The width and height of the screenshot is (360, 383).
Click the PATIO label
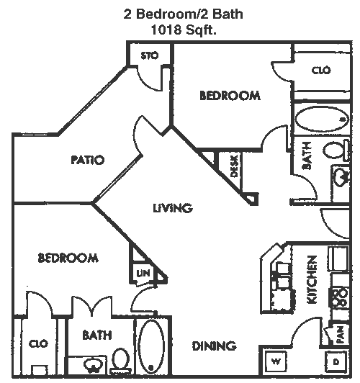(x=88, y=160)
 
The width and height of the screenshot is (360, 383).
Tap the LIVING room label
(x=173, y=208)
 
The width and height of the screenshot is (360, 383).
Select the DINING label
(x=214, y=346)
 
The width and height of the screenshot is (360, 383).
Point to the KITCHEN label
(x=312, y=279)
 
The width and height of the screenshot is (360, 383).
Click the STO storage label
(x=150, y=56)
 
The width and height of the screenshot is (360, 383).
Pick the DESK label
(x=234, y=166)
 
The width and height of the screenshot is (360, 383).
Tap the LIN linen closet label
(x=143, y=273)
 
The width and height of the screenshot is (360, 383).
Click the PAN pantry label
(x=341, y=335)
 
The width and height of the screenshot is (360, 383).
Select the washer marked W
(x=276, y=361)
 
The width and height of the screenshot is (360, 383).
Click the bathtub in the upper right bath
(x=322, y=120)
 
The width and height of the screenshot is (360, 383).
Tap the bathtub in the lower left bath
(x=151, y=346)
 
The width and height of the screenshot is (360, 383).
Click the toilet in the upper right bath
(x=336, y=150)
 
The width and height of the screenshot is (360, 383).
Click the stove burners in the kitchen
(x=339, y=297)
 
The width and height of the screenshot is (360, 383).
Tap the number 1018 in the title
(x=166, y=30)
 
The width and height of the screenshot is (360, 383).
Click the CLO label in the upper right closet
(x=321, y=71)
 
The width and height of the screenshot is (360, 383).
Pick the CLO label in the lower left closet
(x=39, y=343)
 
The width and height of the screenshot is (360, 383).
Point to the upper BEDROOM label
(x=230, y=95)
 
